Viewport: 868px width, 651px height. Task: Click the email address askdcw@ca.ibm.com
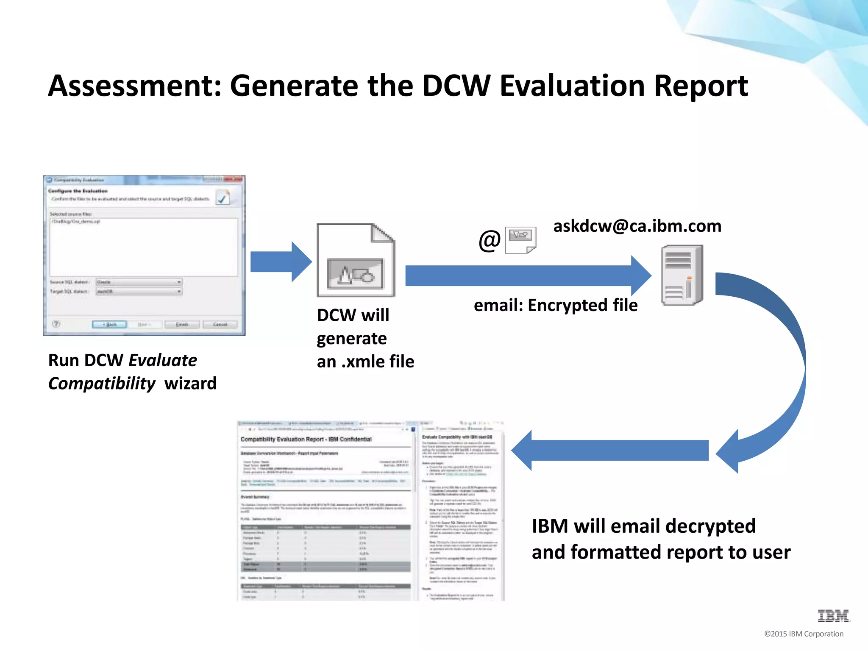637,226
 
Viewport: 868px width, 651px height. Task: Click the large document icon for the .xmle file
356,260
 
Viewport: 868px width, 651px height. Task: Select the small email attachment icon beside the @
520,239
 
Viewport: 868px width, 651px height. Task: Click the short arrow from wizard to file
281,262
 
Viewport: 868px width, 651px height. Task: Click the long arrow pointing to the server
526,275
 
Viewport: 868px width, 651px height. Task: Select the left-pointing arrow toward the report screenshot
610,451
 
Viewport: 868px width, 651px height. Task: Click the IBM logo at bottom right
833,615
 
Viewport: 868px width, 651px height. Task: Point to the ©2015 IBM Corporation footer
804,634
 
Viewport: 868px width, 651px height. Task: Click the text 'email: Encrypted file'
555,305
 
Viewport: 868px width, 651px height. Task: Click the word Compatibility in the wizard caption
102,384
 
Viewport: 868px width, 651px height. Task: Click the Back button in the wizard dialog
109,324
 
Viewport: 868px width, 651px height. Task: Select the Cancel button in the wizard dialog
220,324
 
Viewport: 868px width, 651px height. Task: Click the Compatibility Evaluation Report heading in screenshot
306,439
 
